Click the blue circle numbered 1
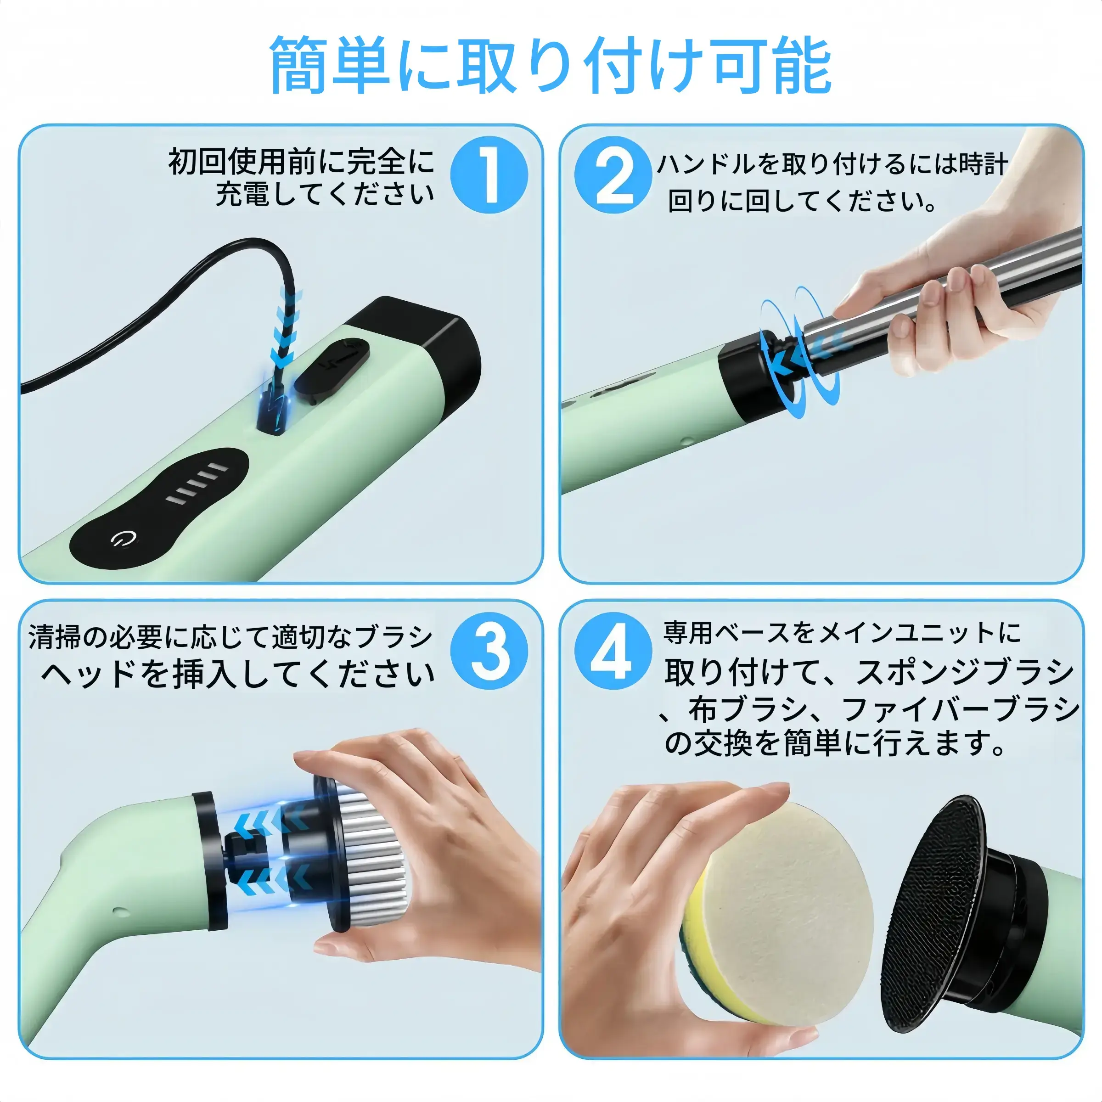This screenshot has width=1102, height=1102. [x=489, y=174]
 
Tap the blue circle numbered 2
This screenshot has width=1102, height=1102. [x=613, y=174]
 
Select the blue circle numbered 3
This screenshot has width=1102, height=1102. [x=489, y=651]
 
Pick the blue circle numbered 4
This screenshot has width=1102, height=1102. [x=613, y=651]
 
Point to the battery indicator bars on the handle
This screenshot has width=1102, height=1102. [x=197, y=484]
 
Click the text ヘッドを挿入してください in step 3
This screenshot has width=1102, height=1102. [x=238, y=674]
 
